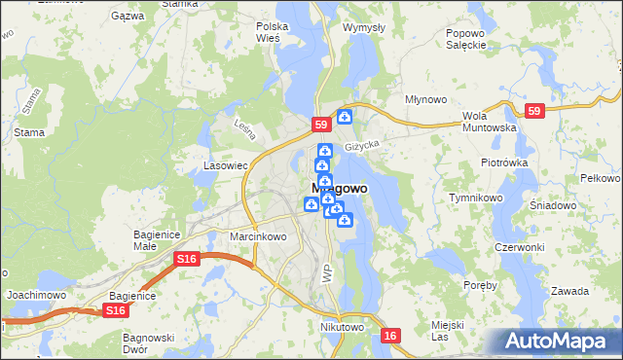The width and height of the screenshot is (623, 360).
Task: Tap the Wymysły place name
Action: [364, 27]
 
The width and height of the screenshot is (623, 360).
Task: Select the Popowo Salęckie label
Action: [465, 39]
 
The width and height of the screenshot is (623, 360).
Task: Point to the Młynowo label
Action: [426, 99]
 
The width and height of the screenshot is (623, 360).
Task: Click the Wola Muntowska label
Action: [488, 121]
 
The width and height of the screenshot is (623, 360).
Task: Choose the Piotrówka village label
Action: [503, 162]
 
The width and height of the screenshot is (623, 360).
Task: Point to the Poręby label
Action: [482, 285]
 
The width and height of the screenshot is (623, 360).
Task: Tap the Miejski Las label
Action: [447, 330]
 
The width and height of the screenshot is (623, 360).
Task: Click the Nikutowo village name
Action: [342, 328]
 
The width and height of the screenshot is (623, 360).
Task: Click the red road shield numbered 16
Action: [390, 336]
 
